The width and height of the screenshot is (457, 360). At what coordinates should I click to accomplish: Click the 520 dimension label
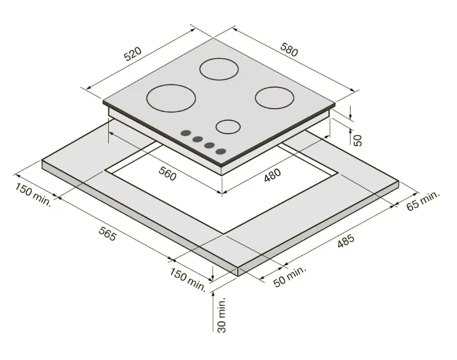pyautogui.click(x=133, y=53)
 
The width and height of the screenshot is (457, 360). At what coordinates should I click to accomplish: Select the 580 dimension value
pyautogui.click(x=289, y=49)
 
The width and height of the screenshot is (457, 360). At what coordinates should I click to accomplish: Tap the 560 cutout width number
pyautogui.click(x=168, y=173)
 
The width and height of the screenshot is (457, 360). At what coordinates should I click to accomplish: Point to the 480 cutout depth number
pyautogui.click(x=272, y=175)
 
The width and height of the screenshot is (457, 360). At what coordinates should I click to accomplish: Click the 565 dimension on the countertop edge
pyautogui.click(x=107, y=233)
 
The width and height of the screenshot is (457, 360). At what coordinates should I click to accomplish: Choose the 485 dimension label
pyautogui.click(x=346, y=241)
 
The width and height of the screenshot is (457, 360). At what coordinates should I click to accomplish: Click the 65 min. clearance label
pyautogui.click(x=423, y=200)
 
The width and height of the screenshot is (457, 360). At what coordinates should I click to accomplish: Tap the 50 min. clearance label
pyautogui.click(x=290, y=276)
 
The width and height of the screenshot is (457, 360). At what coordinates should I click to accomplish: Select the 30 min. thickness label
pyautogui.click(x=222, y=315)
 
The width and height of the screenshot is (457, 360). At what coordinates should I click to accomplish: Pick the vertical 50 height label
pyautogui.click(x=357, y=140)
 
